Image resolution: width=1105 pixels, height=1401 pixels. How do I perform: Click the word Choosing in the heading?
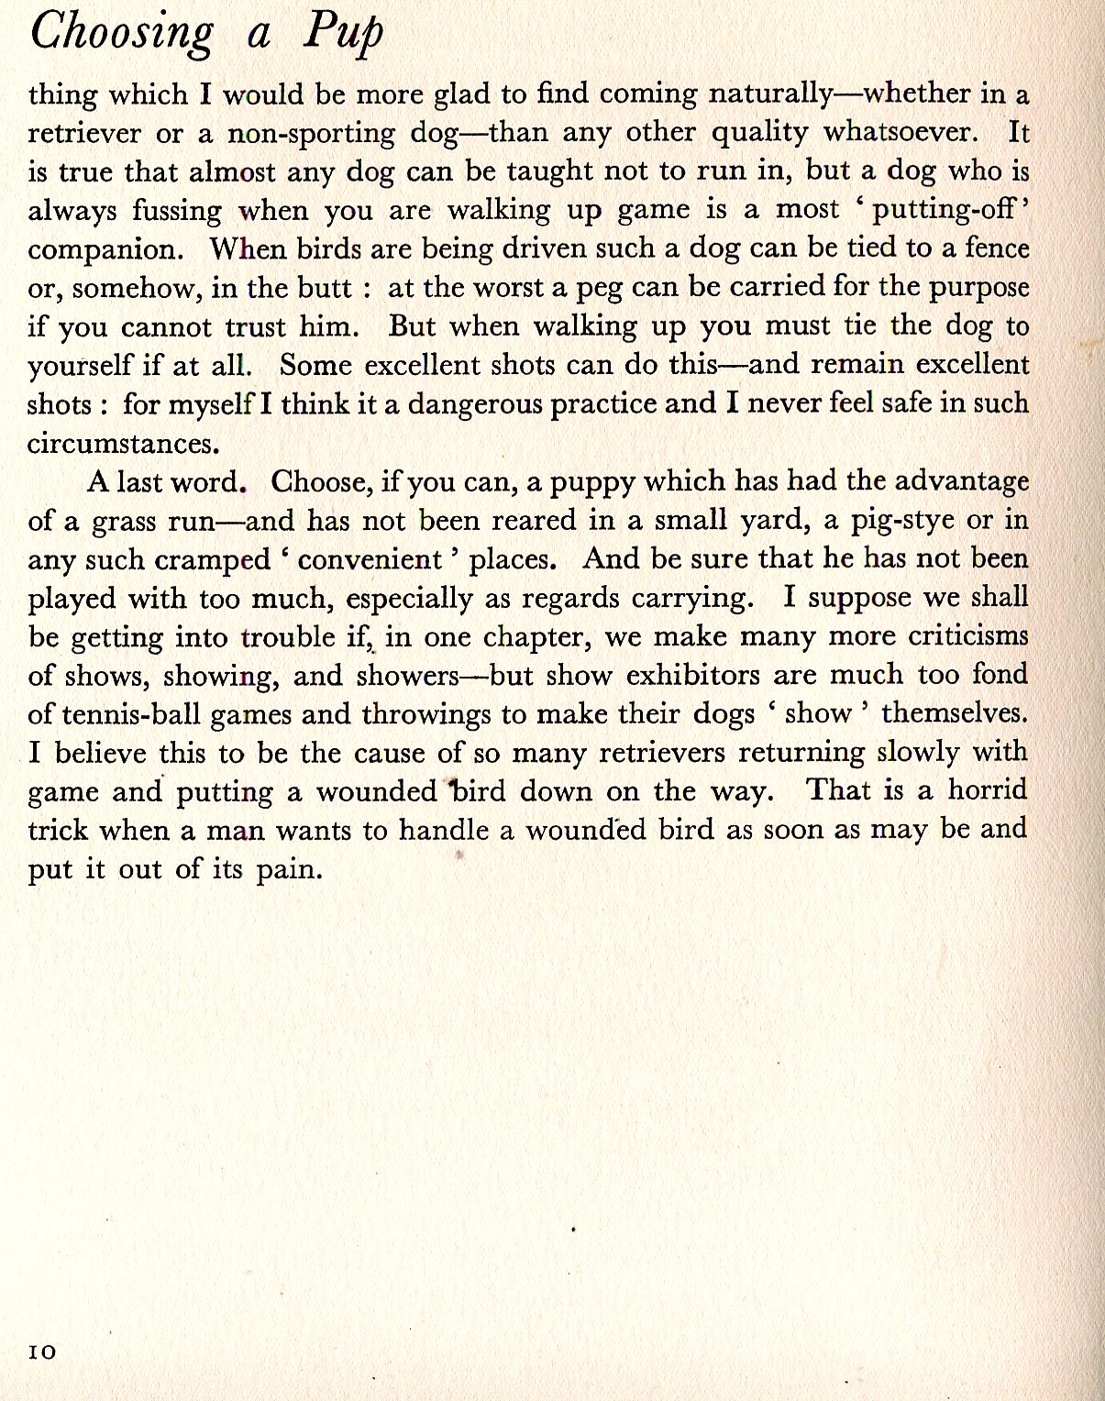121,33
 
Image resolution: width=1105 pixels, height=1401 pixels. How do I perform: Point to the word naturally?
772,94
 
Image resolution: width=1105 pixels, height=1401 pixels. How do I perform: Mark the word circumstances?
124,444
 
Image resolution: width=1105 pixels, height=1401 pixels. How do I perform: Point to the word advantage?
961,482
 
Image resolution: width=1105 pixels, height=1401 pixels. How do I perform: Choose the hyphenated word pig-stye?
902,521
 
